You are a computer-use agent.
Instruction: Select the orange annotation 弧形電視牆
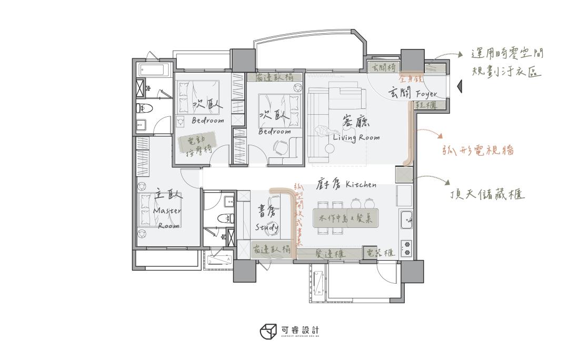tap(477, 150)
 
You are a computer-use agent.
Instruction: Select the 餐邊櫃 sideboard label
tap(330, 254)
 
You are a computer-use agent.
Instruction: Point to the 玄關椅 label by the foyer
tap(384, 68)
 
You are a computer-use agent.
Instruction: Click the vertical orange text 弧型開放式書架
tap(298, 215)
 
